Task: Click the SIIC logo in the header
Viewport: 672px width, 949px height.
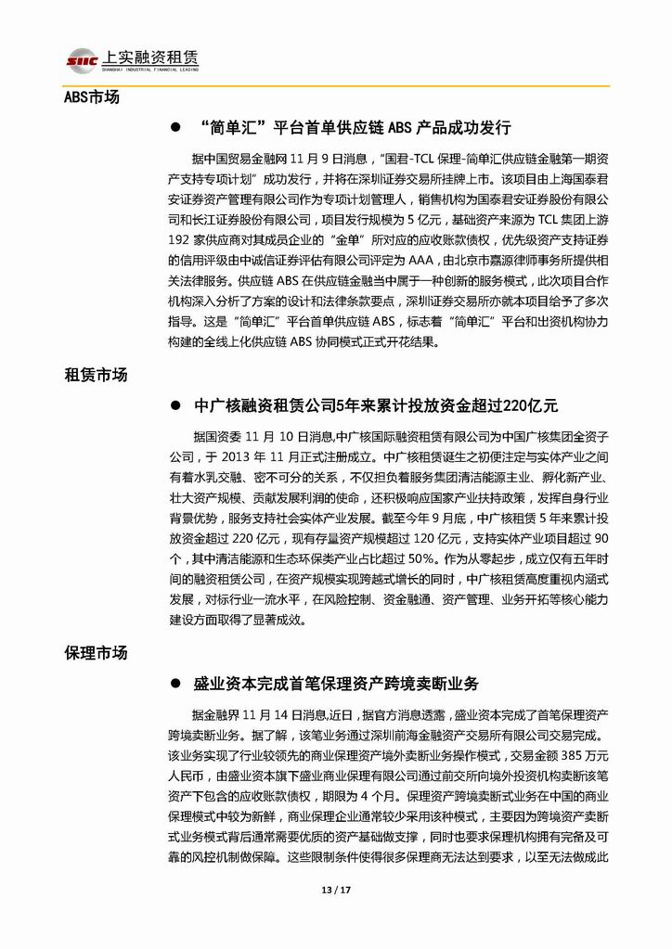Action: point(81,60)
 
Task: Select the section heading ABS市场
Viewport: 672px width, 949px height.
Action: point(91,97)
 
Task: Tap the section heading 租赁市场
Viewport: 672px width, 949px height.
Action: point(96,376)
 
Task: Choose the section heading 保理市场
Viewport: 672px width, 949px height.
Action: point(96,653)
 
